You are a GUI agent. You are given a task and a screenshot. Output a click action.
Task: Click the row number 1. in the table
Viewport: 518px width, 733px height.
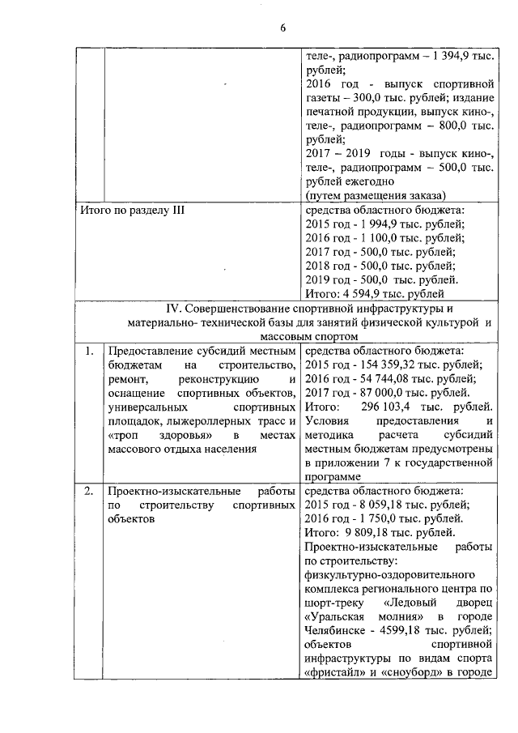click(89, 352)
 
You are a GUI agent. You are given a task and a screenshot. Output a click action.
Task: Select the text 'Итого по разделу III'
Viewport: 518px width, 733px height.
click(134, 211)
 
